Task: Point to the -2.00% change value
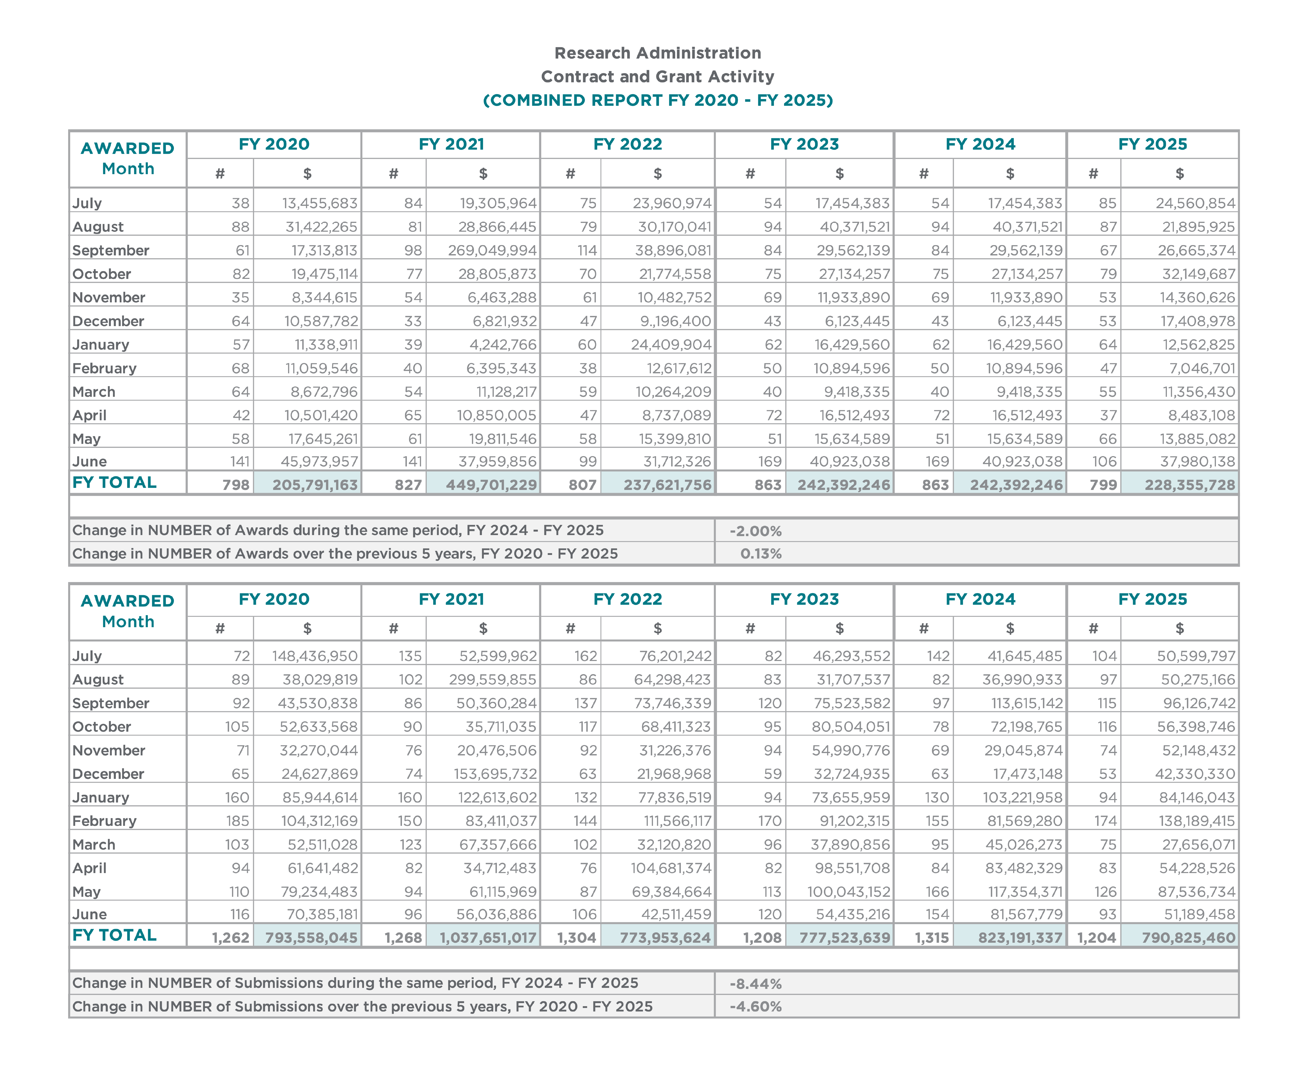point(755,531)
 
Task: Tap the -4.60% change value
point(755,1007)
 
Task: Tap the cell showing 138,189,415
point(1196,821)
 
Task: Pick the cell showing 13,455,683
point(320,203)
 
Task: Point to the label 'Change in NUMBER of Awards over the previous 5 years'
point(345,554)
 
